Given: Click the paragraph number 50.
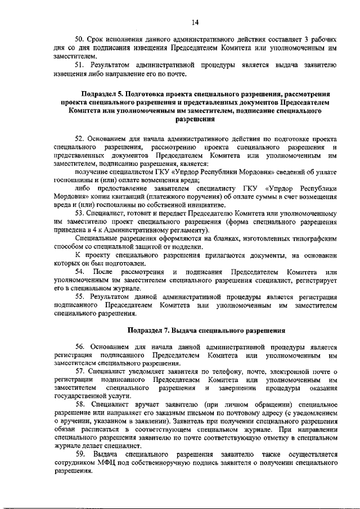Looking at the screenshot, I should tap(81, 41).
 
